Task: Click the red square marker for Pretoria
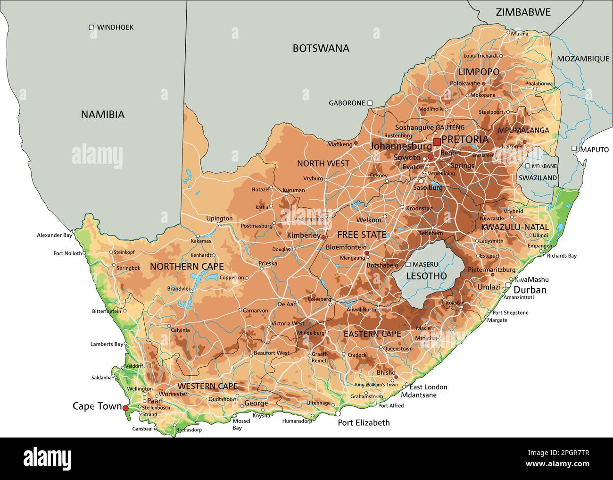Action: [x=437, y=142]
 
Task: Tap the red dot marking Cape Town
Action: [x=125, y=408]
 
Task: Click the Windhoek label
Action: [x=115, y=27]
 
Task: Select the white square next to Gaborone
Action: [x=370, y=102]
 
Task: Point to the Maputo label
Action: [x=594, y=150]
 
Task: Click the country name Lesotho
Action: [x=426, y=276]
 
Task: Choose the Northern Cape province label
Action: [x=187, y=267]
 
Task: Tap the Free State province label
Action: [x=361, y=235]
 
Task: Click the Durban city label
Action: [x=530, y=290]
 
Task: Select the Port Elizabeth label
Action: [x=364, y=422]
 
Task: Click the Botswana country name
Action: [x=321, y=48]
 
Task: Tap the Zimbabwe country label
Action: [x=523, y=12]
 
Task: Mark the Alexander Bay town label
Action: [x=54, y=235]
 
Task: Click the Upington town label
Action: [x=219, y=219]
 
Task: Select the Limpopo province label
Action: [x=479, y=72]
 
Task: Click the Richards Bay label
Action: [x=562, y=256]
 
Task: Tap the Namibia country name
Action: [x=103, y=114]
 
